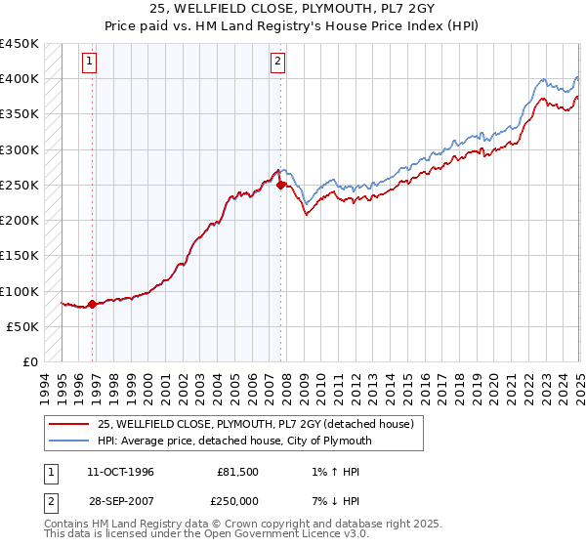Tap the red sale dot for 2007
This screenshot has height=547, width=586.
[x=280, y=184]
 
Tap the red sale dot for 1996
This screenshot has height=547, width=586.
[x=93, y=304]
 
